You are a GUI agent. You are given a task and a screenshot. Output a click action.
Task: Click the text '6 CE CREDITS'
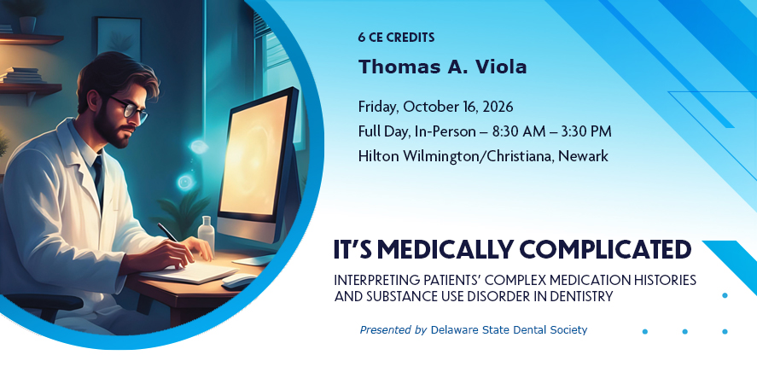(x=396, y=38)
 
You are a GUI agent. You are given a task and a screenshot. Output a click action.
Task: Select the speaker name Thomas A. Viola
(x=442, y=67)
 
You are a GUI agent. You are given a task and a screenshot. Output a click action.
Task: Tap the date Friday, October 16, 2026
(x=435, y=108)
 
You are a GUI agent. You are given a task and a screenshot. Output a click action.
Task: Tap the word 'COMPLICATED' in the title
(x=605, y=249)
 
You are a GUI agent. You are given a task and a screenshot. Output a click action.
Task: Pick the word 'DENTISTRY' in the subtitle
(x=582, y=296)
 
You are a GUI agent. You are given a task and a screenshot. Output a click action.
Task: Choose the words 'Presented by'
(x=393, y=330)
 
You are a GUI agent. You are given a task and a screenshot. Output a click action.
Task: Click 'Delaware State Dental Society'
(x=509, y=330)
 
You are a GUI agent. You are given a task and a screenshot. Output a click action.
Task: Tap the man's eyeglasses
(x=131, y=108)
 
